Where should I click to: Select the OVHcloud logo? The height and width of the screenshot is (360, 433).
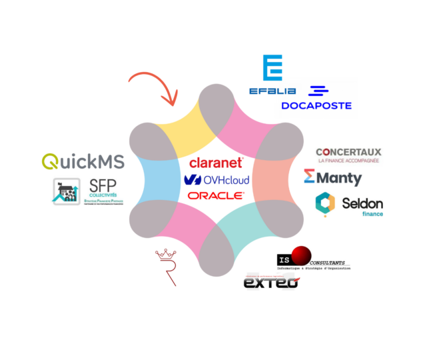(216, 179)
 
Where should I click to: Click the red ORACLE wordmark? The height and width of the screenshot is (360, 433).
(216, 195)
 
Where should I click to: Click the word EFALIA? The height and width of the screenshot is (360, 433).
(272, 91)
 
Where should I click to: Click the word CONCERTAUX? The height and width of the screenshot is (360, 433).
(348, 153)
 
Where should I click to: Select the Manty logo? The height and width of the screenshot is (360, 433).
(332, 177)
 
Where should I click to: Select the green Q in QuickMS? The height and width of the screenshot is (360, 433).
(51, 161)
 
